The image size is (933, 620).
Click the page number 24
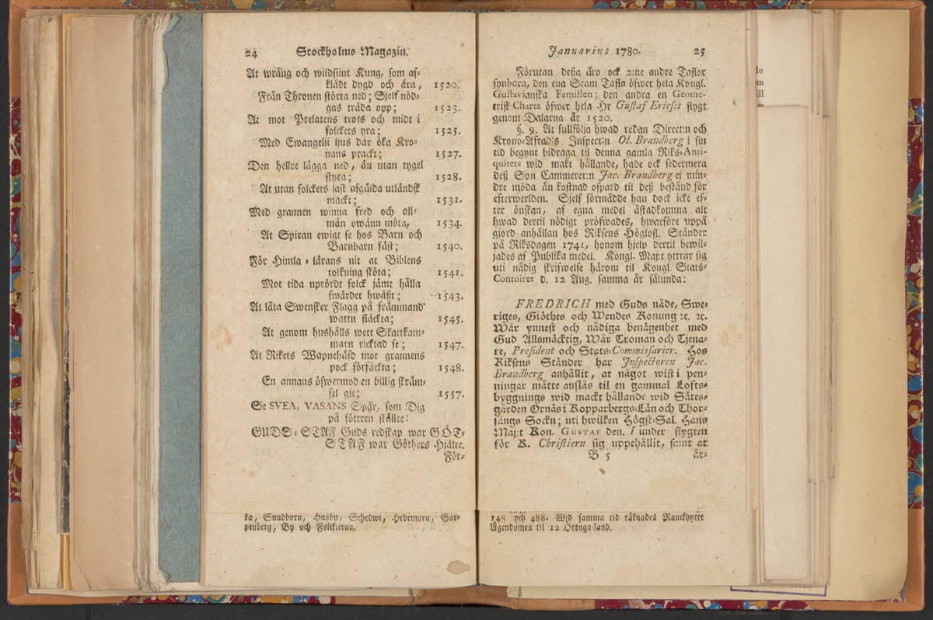click(251, 54)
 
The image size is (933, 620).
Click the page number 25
click(698, 51)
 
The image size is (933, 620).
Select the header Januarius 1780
click(593, 51)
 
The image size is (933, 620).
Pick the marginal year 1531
click(449, 200)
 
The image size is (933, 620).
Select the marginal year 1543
click(449, 296)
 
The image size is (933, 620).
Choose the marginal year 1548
click(450, 367)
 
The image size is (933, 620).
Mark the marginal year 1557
click(450, 394)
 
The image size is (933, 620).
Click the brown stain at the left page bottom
click(458, 566)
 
